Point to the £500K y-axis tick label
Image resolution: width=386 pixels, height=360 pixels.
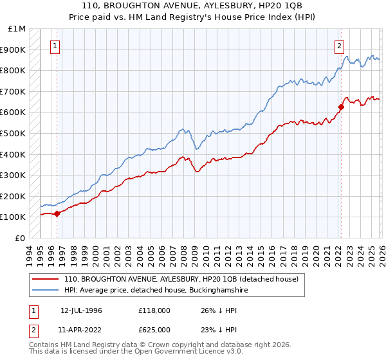pyautogui.click(x=14, y=134)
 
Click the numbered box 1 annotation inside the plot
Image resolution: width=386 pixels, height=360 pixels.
pyautogui.click(x=56, y=46)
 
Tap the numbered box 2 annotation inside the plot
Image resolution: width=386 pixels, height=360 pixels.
pyautogui.click(x=338, y=46)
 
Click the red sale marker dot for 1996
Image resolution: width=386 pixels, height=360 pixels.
pyautogui.click(x=57, y=213)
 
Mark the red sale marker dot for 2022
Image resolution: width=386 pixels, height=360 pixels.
pyautogui.click(x=341, y=107)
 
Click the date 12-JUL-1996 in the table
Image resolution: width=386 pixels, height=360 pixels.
pyautogui.click(x=82, y=310)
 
